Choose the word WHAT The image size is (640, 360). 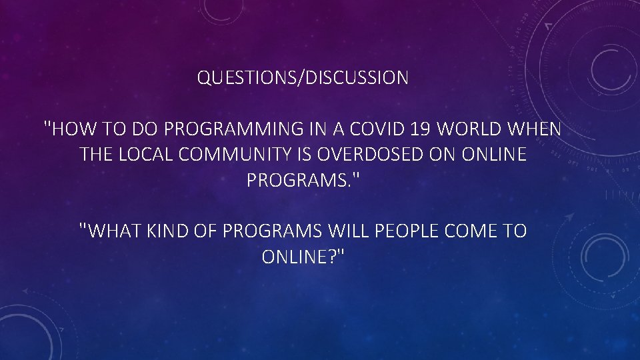tap(109, 231)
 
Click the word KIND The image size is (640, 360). tap(163, 231)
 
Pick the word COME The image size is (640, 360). tap(462, 231)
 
